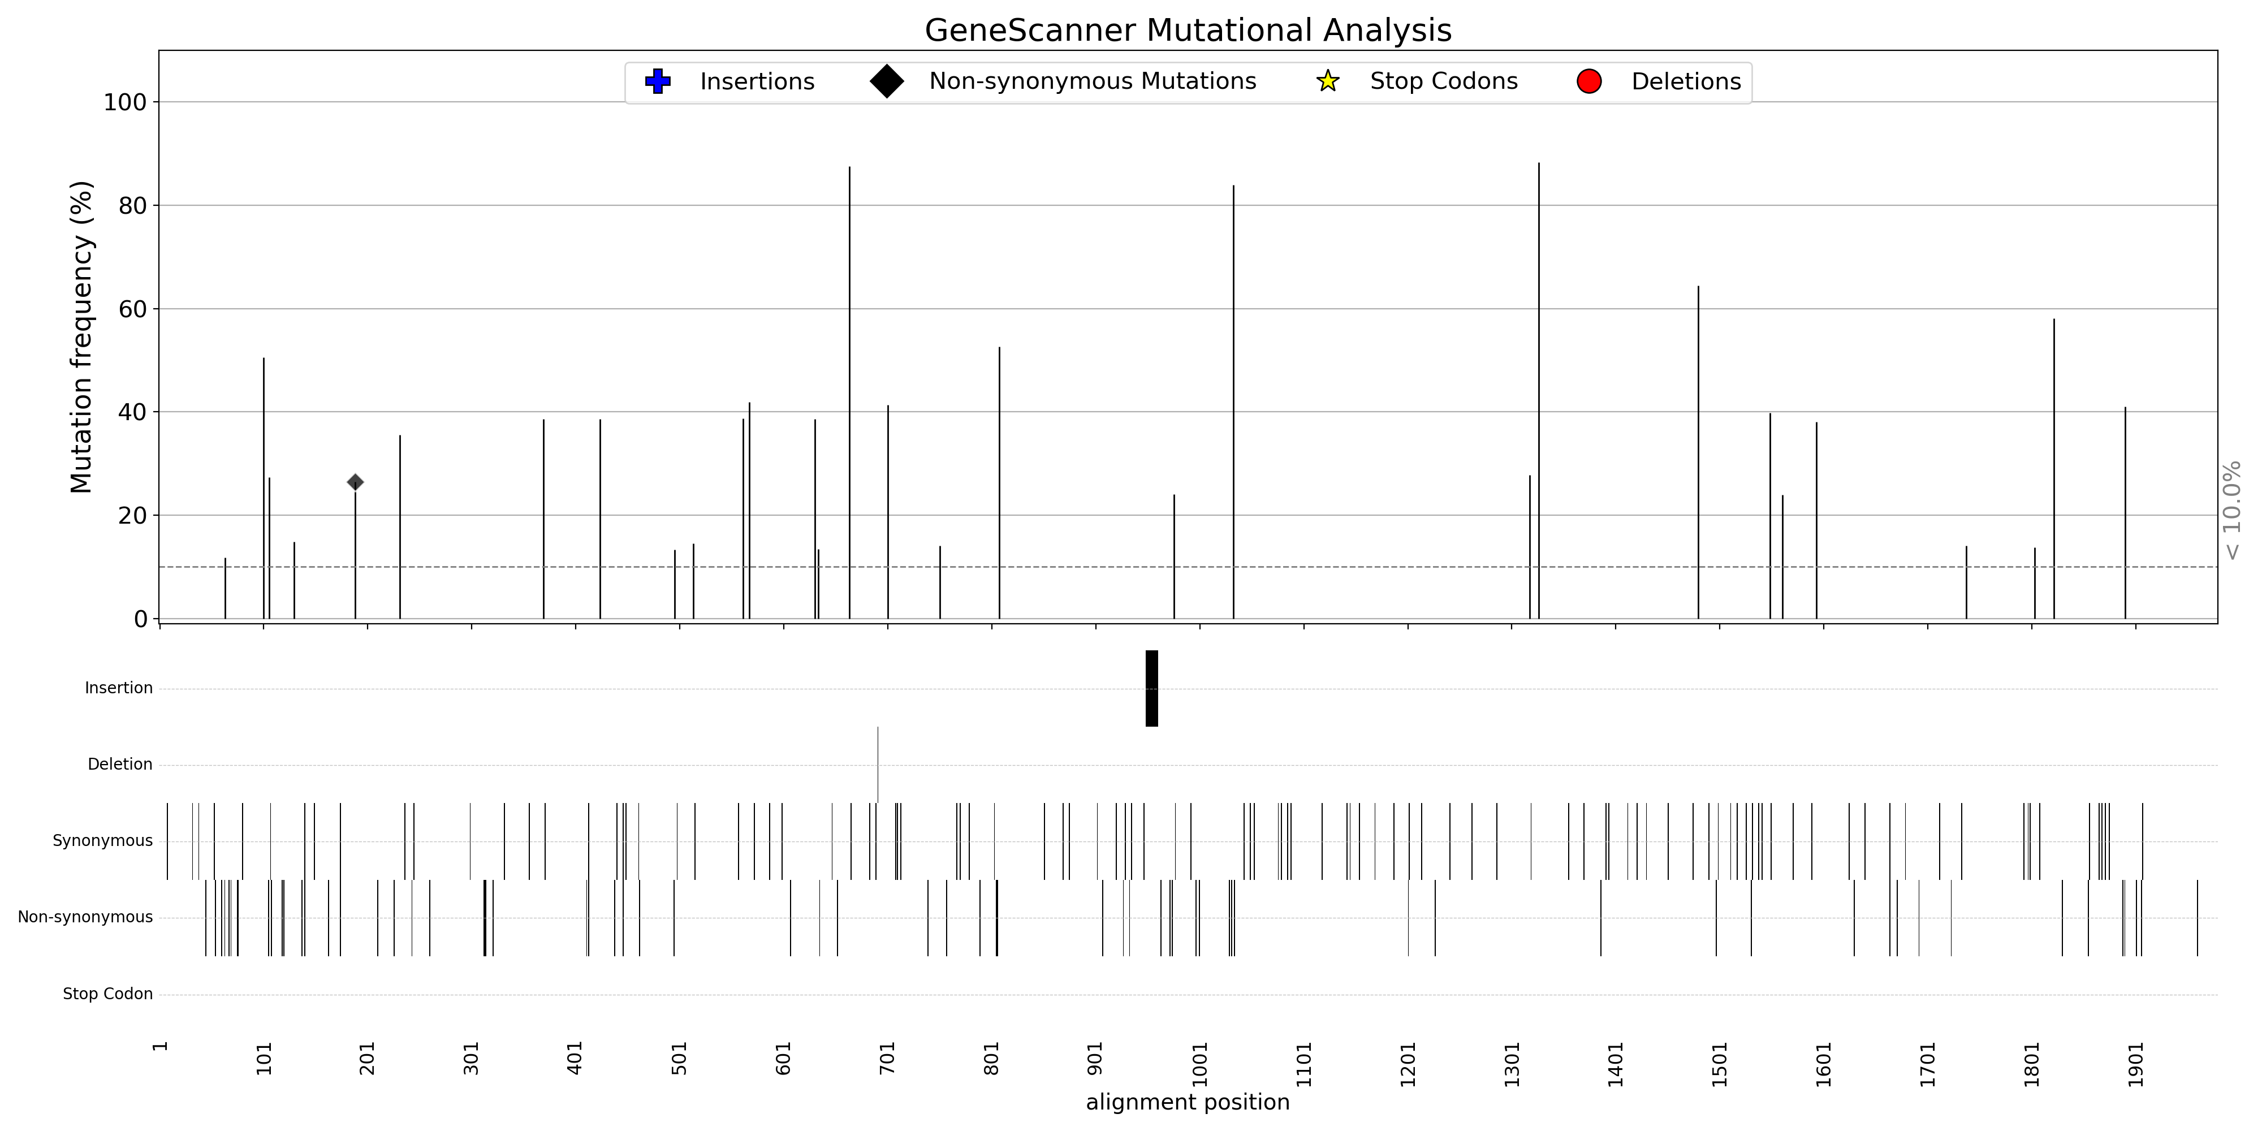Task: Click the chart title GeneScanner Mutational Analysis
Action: (1187, 31)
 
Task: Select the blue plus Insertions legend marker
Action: (658, 81)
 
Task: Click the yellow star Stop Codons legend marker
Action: (1328, 81)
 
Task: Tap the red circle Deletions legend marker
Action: (1588, 81)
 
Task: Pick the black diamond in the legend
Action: (887, 81)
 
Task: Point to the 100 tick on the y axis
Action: (124, 103)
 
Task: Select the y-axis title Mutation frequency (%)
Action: (81, 337)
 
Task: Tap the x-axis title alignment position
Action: (1187, 1103)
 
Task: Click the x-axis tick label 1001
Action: (1199, 1064)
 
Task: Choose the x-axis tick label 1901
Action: (2135, 1064)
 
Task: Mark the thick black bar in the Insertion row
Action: (1151, 688)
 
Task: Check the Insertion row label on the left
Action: (119, 688)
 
